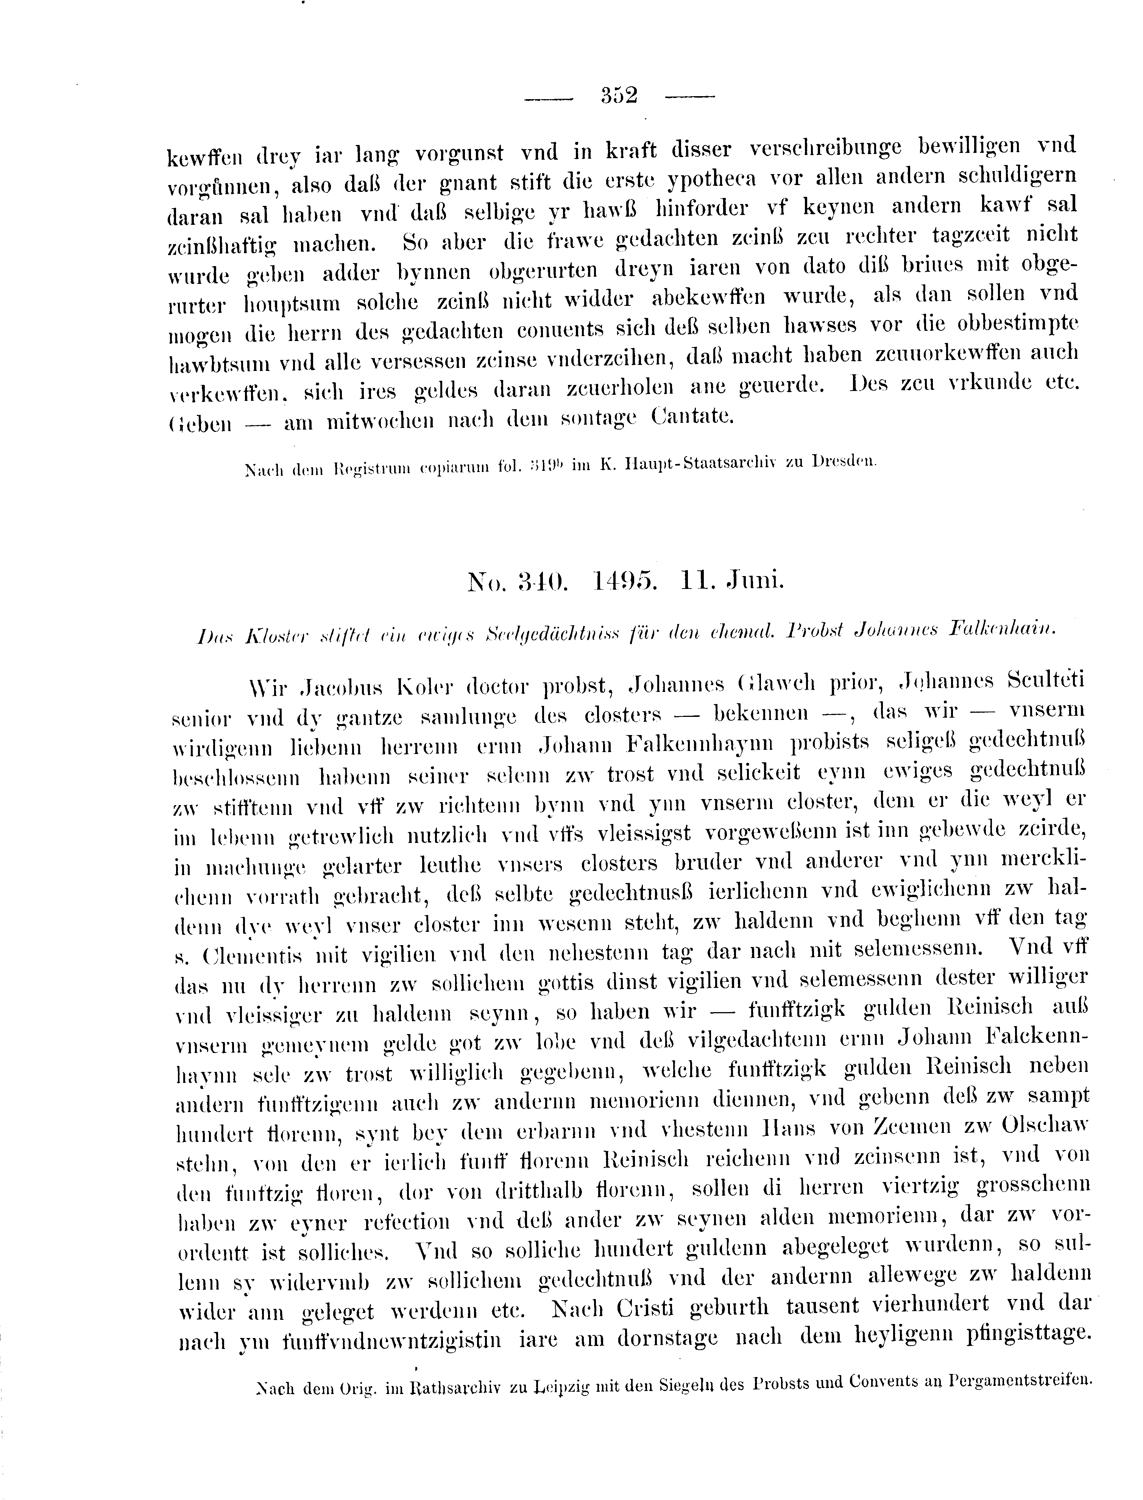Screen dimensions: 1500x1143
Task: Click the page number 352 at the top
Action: (x=618, y=95)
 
